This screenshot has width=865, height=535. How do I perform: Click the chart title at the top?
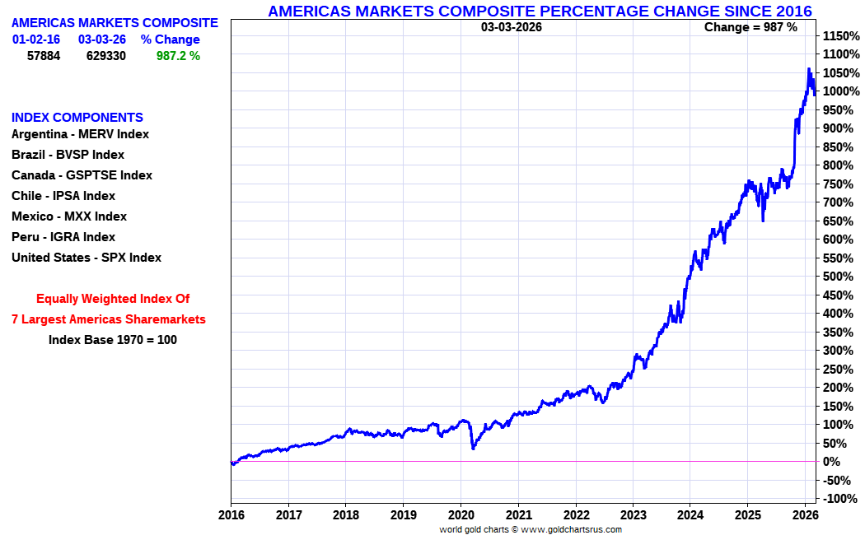click(540, 11)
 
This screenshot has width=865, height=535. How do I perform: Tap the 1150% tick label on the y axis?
click(840, 37)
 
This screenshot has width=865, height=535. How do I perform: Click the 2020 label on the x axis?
click(461, 515)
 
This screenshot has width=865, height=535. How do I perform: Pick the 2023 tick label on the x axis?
click(633, 515)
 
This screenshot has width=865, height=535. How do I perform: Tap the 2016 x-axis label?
click(231, 515)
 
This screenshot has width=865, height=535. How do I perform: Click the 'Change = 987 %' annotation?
click(750, 27)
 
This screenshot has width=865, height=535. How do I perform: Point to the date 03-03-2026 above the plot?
click(512, 27)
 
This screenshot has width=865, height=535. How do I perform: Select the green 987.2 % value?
click(178, 56)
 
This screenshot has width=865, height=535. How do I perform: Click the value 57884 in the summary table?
click(44, 56)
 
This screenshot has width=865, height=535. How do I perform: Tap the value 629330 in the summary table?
click(106, 56)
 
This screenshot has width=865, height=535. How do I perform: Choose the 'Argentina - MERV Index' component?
click(80, 134)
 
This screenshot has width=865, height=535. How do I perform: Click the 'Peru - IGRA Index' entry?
click(63, 237)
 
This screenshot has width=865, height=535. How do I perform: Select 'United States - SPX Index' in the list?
click(86, 258)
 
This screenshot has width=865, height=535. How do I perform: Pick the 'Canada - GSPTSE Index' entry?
click(82, 175)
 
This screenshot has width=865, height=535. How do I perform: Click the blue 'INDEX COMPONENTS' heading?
click(77, 118)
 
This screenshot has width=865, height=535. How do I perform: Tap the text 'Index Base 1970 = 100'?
click(113, 339)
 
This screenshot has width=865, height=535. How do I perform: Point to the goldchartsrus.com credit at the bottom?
click(531, 529)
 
